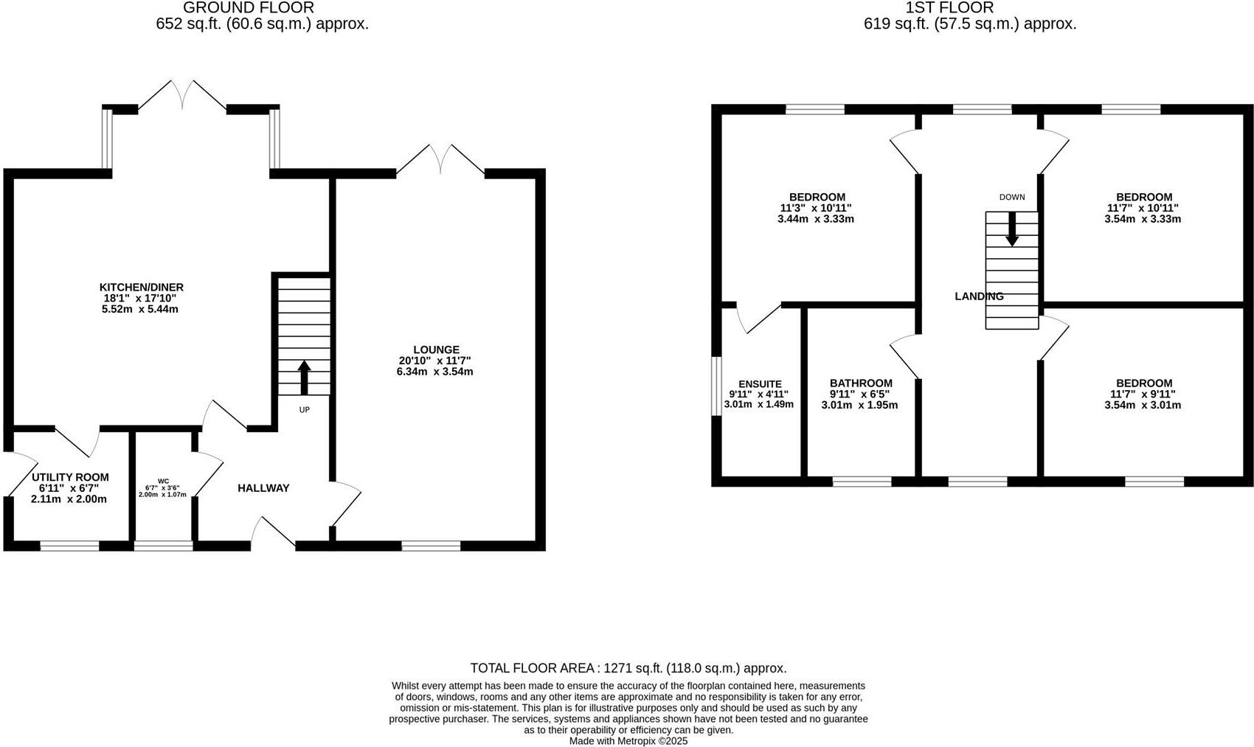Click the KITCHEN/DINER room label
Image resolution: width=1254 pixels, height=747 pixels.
click(141, 288)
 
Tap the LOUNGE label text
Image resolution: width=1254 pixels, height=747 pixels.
click(436, 350)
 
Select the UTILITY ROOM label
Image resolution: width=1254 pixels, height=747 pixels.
click(70, 477)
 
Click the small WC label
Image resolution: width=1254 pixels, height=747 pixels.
click(163, 481)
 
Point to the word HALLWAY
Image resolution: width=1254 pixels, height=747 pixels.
click(263, 487)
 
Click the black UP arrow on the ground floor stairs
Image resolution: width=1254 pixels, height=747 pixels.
click(304, 377)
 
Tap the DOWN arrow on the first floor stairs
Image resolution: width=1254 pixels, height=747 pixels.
click(1012, 229)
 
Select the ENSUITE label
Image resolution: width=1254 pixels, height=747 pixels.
click(760, 384)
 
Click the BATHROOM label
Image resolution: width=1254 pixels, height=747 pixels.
click(861, 383)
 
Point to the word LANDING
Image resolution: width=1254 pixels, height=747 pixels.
click(979, 296)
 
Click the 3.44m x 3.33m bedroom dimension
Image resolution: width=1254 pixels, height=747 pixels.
click(816, 219)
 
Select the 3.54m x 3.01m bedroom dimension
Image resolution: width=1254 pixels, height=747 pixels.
click(1143, 405)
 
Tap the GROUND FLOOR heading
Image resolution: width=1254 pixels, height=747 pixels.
click(249, 8)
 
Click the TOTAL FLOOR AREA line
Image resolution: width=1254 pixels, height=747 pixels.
click(628, 668)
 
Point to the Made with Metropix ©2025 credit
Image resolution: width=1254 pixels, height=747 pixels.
click(628, 740)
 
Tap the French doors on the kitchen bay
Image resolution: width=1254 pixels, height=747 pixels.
click(182, 96)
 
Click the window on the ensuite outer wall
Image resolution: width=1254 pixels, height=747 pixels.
click(716, 386)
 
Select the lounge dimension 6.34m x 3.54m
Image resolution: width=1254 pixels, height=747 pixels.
click(434, 372)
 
